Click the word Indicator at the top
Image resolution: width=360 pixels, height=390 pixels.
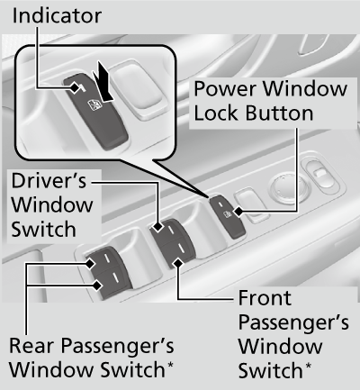tap(56, 16)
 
